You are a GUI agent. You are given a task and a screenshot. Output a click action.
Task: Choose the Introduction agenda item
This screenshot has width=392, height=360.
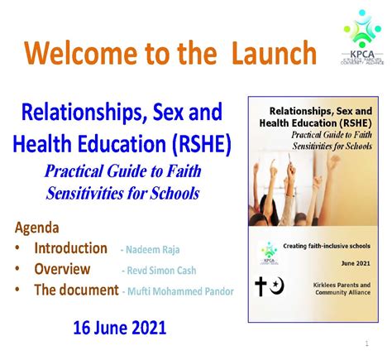click(70, 248)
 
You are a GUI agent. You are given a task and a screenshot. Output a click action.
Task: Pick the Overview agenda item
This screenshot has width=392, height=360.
click(62, 269)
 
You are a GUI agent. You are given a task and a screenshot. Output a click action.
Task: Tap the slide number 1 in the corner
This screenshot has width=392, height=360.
click(366, 343)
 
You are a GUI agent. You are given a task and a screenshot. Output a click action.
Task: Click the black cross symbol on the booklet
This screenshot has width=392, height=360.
click(260, 286)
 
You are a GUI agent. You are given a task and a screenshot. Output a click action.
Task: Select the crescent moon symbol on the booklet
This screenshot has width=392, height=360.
click(275, 287)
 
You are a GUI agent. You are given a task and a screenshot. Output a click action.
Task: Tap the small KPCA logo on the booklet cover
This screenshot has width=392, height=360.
click(268, 250)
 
